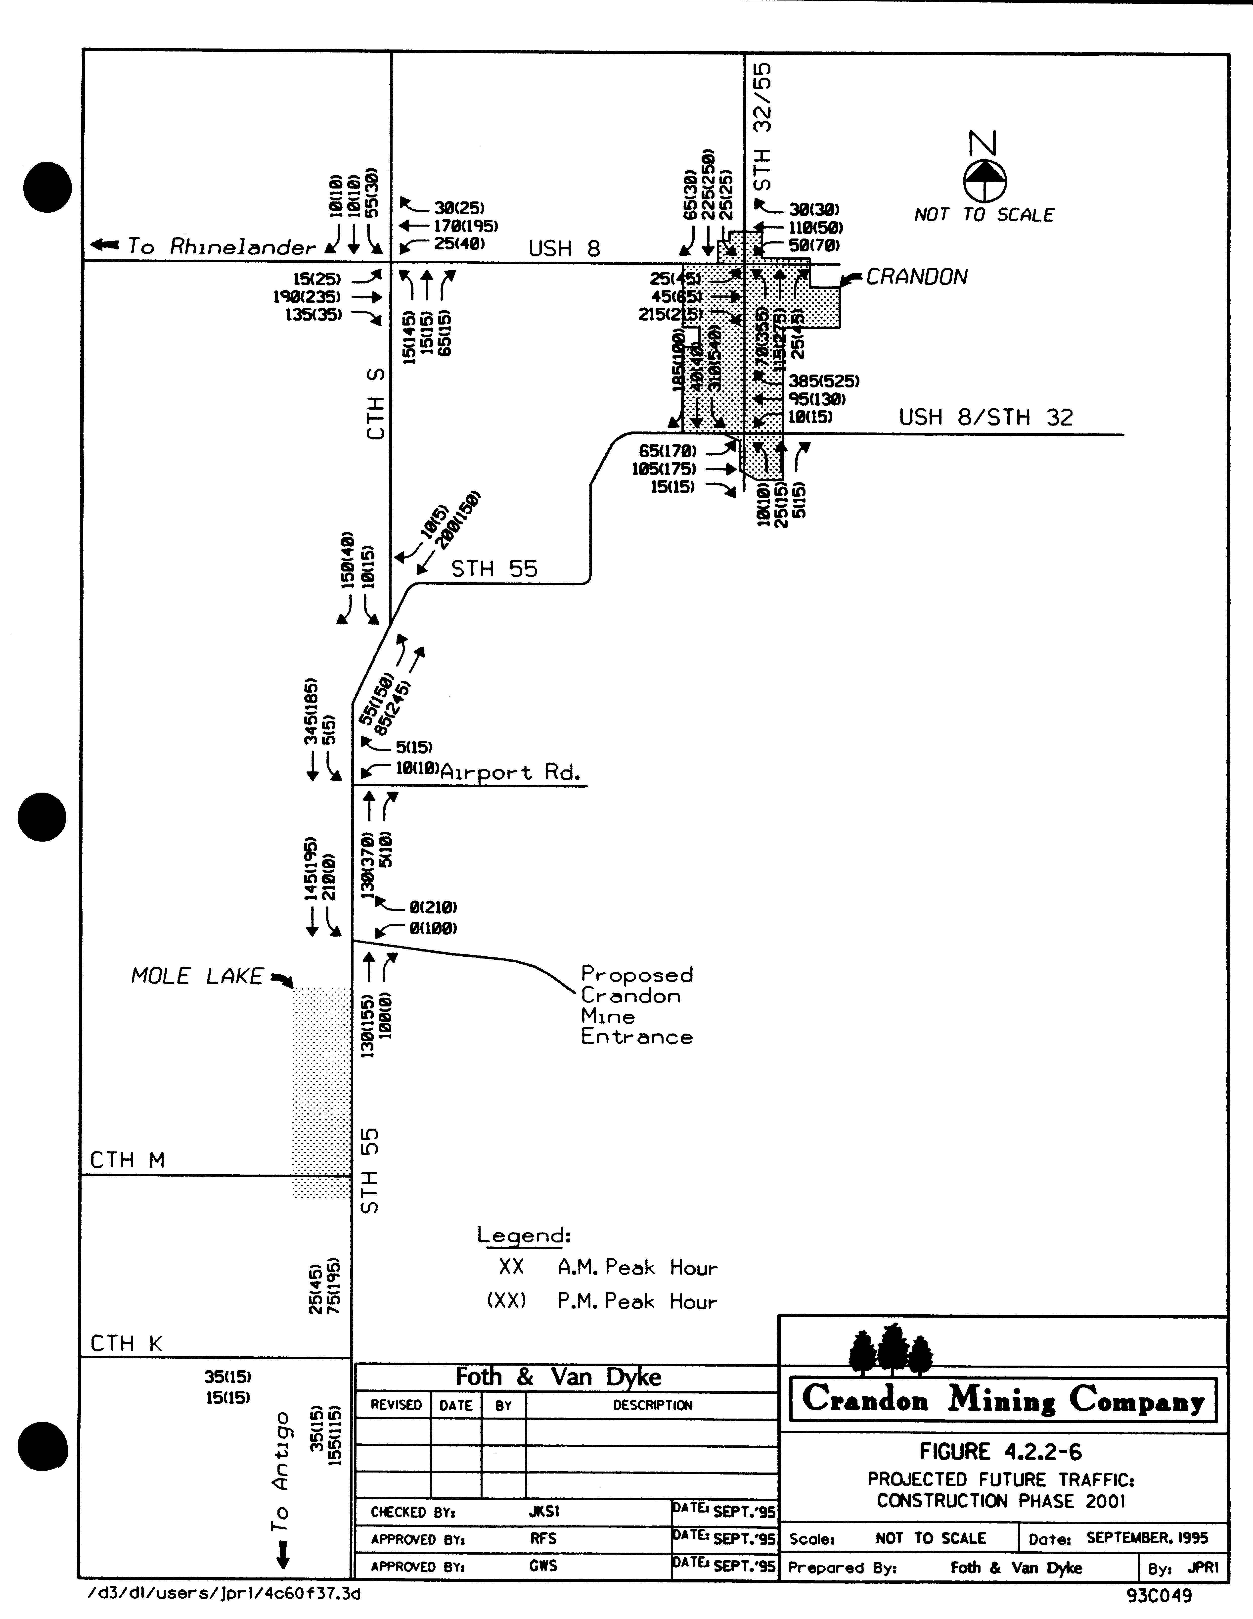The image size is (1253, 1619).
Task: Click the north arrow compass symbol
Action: [985, 180]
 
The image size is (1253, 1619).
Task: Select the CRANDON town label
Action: [917, 277]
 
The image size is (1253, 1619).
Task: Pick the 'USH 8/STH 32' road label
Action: [985, 417]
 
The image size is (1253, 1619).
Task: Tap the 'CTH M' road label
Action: [127, 1160]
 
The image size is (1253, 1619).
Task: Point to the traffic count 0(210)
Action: [433, 906]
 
